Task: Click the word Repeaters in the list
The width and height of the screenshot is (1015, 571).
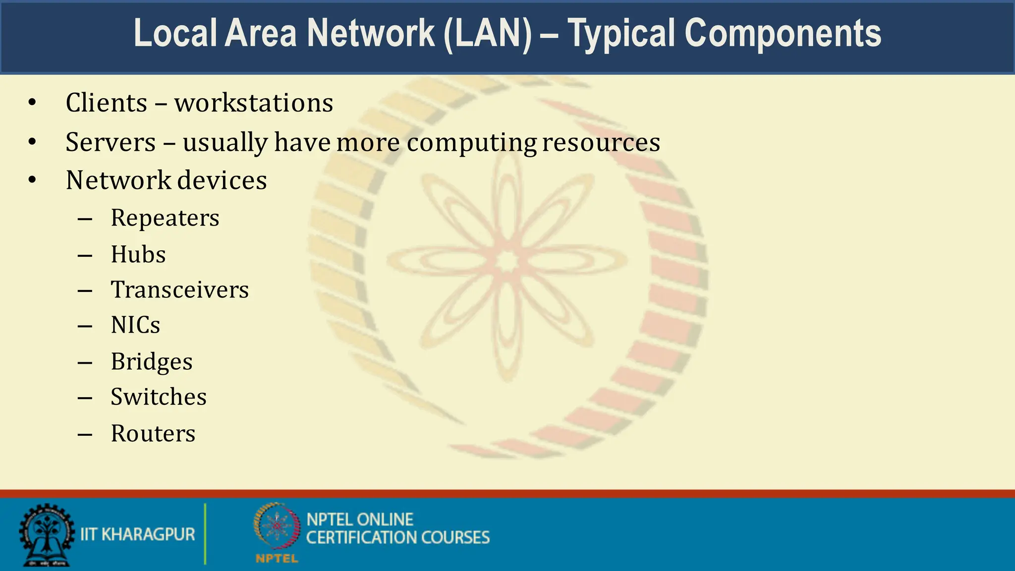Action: [165, 218]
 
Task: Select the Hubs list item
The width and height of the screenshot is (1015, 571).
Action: [138, 255]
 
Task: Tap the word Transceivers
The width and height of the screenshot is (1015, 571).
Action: [179, 290]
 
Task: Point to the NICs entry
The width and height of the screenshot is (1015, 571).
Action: [135, 326]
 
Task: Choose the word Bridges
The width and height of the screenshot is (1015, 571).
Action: [151, 362]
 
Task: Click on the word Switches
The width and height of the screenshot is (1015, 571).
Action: [158, 397]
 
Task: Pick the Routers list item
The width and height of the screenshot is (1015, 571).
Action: [153, 434]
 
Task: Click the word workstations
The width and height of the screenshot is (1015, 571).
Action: [253, 103]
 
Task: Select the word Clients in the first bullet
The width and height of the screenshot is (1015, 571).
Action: [107, 103]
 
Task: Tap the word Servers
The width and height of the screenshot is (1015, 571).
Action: [111, 143]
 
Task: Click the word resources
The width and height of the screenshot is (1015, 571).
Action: [601, 143]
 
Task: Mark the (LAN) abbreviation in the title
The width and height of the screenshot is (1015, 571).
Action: [487, 34]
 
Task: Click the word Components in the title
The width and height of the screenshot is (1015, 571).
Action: [783, 34]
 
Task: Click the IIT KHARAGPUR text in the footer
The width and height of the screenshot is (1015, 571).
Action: [137, 534]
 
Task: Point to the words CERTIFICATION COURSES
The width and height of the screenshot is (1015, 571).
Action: [397, 538]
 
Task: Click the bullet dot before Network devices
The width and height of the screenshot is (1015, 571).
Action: [32, 180]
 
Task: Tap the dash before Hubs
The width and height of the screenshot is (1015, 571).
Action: [85, 255]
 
